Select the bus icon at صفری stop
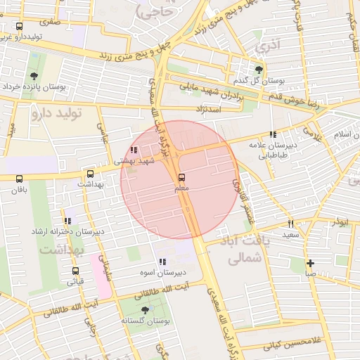[x=18, y=26]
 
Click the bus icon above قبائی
[x=75, y=271]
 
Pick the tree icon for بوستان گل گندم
[x=259, y=69]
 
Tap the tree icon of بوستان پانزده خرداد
[x=34, y=76]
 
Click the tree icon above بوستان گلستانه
[x=145, y=309]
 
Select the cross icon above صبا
[x=310, y=264]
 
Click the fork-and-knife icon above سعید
[x=290, y=223]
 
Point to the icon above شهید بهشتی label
[x=134, y=150]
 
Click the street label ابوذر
[x=340, y=222]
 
